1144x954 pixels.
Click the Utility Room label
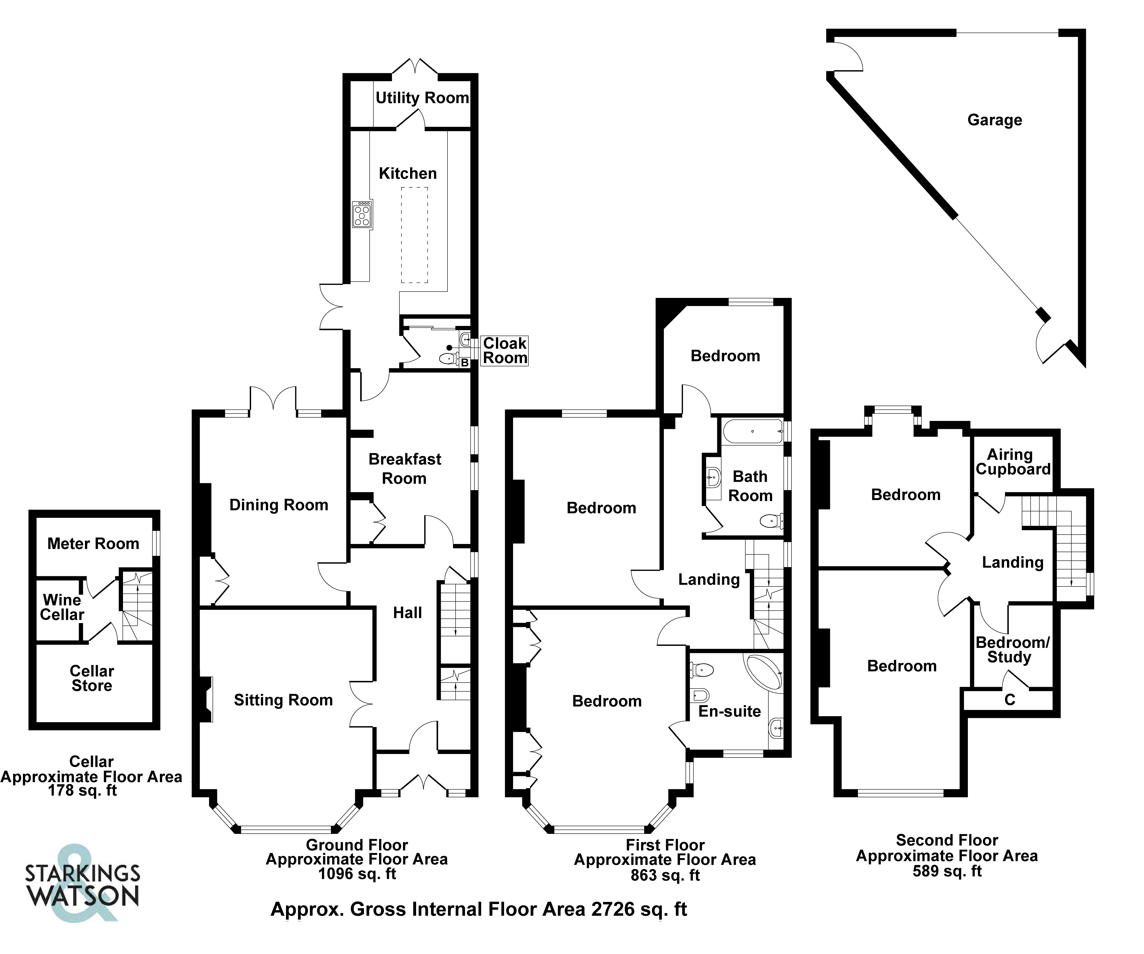pos(422,98)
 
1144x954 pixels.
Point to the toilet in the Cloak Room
pos(448,358)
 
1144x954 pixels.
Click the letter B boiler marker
pos(465,362)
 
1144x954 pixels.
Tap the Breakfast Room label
pos(405,469)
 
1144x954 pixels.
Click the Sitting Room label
pos(283,700)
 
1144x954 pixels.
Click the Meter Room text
pos(93,544)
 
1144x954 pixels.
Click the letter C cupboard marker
pos(1009,700)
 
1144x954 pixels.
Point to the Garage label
pos(995,120)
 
